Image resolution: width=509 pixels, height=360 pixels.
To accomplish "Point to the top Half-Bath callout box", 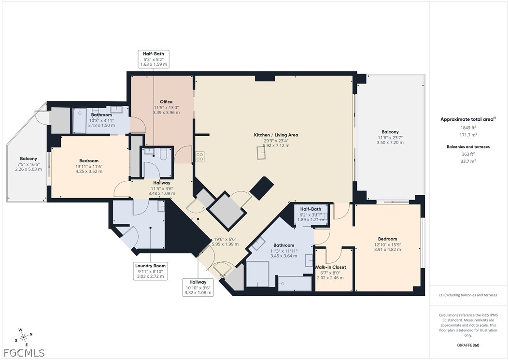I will [x=154, y=58].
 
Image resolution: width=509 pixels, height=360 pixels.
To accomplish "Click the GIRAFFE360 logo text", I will [x=468, y=346].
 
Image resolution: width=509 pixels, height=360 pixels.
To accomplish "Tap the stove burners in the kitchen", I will [x=200, y=157].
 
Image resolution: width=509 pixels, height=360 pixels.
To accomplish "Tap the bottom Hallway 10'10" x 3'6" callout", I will [x=198, y=287].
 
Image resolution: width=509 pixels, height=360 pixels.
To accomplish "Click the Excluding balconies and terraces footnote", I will [x=467, y=295].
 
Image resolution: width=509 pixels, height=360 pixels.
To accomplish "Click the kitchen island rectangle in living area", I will [x=261, y=153].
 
